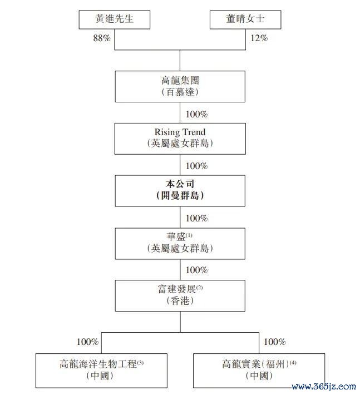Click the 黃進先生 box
click(115, 19)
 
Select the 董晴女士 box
click(245, 19)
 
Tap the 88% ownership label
click(102, 38)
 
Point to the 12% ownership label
click(259, 38)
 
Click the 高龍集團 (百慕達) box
click(180, 86)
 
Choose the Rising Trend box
click(180, 139)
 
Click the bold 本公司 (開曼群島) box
click(180, 191)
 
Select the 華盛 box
click(180, 244)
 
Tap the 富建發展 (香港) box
click(180, 295)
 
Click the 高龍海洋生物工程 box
click(101, 371)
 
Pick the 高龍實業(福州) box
click(259, 371)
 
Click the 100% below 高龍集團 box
click(197, 114)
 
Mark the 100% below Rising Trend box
click(197, 166)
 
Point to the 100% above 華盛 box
click(197, 218)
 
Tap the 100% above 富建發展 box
click(197, 270)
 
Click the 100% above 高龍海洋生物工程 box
click(88, 342)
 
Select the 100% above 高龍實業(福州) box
click(275, 342)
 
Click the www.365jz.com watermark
click(324, 387)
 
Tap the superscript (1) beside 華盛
click(189, 235)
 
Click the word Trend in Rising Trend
click(194, 132)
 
